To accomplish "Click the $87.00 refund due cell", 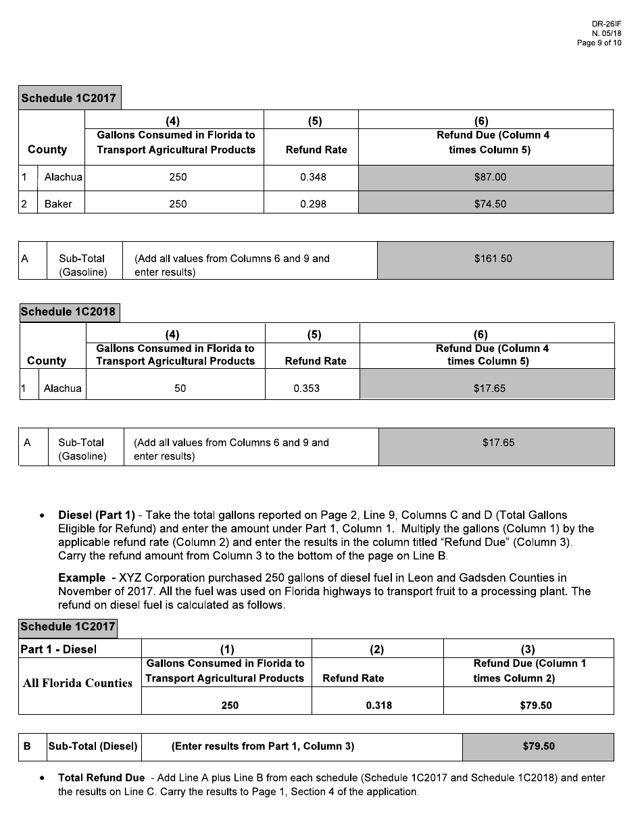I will [x=489, y=178].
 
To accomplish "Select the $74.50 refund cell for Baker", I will [x=489, y=203].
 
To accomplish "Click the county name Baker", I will [x=58, y=203].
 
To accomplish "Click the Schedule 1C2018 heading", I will [x=68, y=311].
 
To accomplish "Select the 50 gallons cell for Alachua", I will [x=180, y=388].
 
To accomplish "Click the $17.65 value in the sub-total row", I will [x=498, y=443].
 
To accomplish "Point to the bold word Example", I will [x=82, y=578].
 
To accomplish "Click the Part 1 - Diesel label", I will [x=59, y=649].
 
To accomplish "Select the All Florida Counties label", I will [x=77, y=683].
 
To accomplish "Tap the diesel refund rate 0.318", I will [x=378, y=705].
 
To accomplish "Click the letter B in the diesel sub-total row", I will [x=27, y=747].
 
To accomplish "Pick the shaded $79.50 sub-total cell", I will [x=538, y=747].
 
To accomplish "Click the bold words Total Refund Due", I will [x=101, y=778].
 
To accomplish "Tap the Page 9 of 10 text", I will [x=599, y=43].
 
